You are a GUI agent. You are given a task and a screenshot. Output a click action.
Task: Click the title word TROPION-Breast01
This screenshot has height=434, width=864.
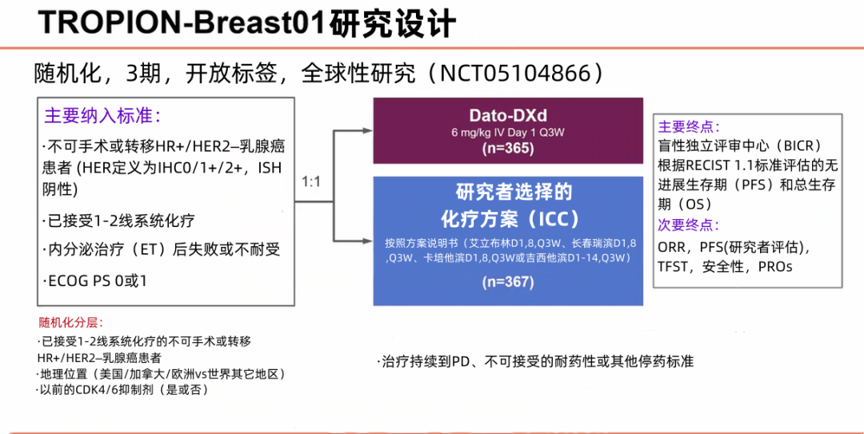point(183,22)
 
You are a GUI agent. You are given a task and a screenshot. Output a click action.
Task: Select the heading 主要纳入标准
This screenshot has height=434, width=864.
point(102,115)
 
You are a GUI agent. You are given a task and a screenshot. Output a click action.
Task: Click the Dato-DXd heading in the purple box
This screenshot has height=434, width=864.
point(508,116)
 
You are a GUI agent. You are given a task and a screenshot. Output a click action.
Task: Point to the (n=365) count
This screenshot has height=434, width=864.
point(508,149)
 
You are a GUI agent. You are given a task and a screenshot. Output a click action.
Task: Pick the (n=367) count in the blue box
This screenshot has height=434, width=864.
point(508,281)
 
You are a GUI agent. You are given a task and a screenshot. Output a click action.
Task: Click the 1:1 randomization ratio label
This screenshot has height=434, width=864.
point(311,182)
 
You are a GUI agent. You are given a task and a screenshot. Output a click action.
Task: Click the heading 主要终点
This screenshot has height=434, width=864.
point(688,127)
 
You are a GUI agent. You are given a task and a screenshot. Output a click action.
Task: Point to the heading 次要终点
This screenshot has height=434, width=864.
point(688,225)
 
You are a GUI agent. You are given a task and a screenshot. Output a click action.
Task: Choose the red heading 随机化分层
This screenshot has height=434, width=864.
point(71,323)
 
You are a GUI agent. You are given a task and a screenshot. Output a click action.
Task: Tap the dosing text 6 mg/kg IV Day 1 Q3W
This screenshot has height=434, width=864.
point(508,133)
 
